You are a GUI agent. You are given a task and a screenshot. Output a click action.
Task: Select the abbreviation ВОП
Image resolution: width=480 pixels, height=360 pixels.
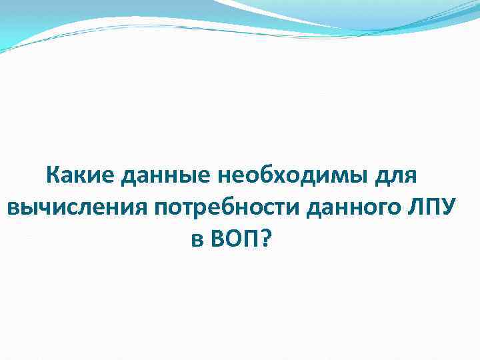[x=234, y=237]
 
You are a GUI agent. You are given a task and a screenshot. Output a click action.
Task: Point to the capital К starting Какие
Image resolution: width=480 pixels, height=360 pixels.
[x=53, y=177]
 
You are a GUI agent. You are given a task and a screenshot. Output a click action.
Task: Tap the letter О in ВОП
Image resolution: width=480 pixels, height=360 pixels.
[x=233, y=237]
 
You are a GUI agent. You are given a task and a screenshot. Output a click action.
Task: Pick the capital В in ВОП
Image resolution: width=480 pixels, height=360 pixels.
[x=217, y=237]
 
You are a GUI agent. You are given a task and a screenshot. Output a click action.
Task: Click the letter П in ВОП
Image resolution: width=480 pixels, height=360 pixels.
[x=251, y=237]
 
